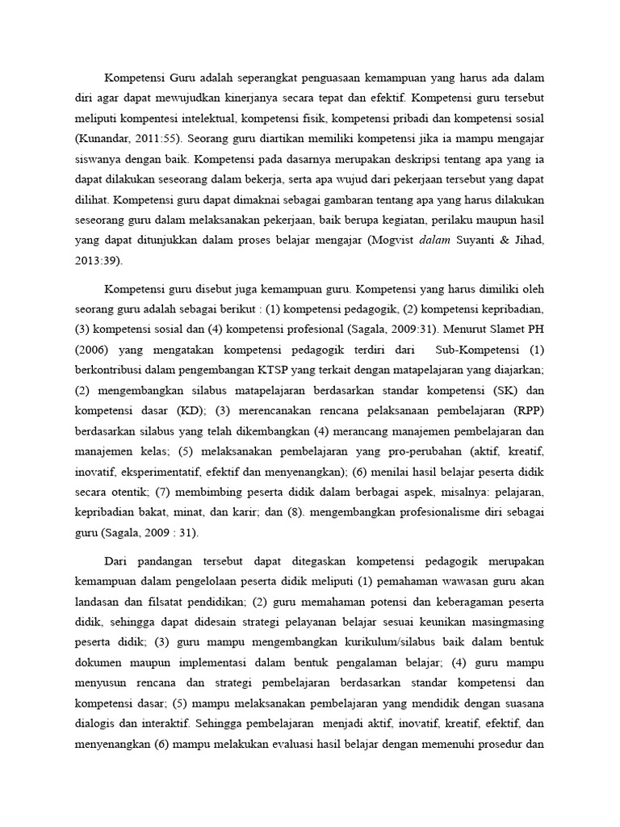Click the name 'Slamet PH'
tap(517, 329)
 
